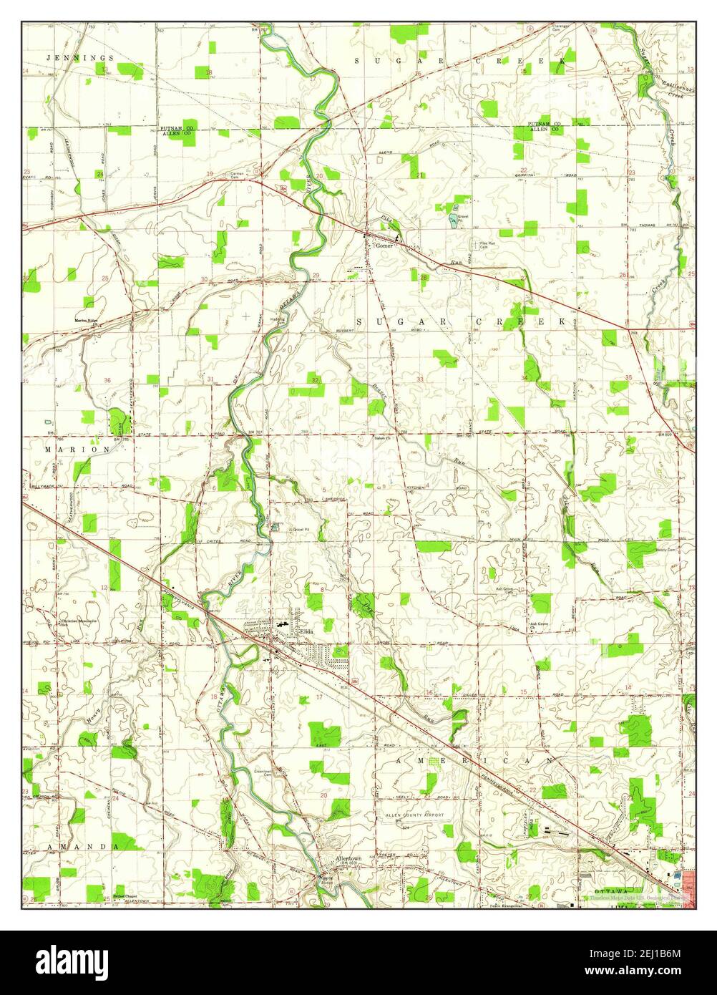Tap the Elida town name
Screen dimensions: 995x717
tap(306, 631)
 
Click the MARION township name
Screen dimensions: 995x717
tap(79, 450)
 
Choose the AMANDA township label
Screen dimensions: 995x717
tap(83, 846)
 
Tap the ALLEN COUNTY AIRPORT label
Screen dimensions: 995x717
tap(415, 815)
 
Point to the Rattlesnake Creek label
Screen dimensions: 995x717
tap(670, 89)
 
